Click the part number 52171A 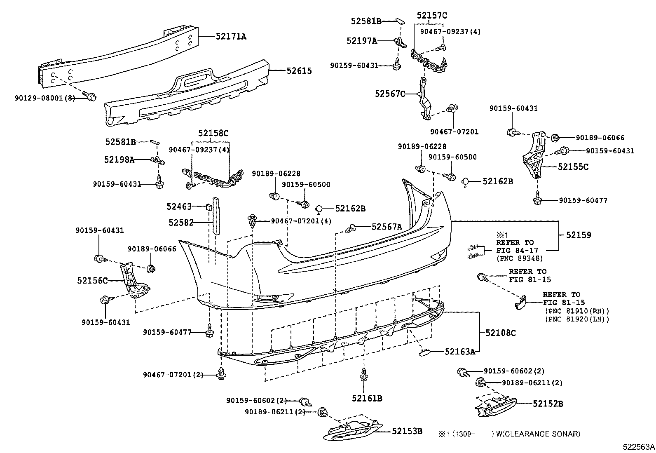pyautogui.click(x=231, y=37)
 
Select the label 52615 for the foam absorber pyautogui.click(x=299, y=71)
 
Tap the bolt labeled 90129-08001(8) pyautogui.click(x=91, y=97)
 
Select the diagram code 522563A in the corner pyautogui.click(x=638, y=447)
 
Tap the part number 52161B pyautogui.click(x=367, y=398)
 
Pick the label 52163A pyautogui.click(x=460, y=352)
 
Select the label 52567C pyautogui.click(x=389, y=94)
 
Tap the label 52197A pyautogui.click(x=361, y=40)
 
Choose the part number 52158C pyautogui.click(x=213, y=134)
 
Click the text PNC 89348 pyautogui.click(x=520, y=258)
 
